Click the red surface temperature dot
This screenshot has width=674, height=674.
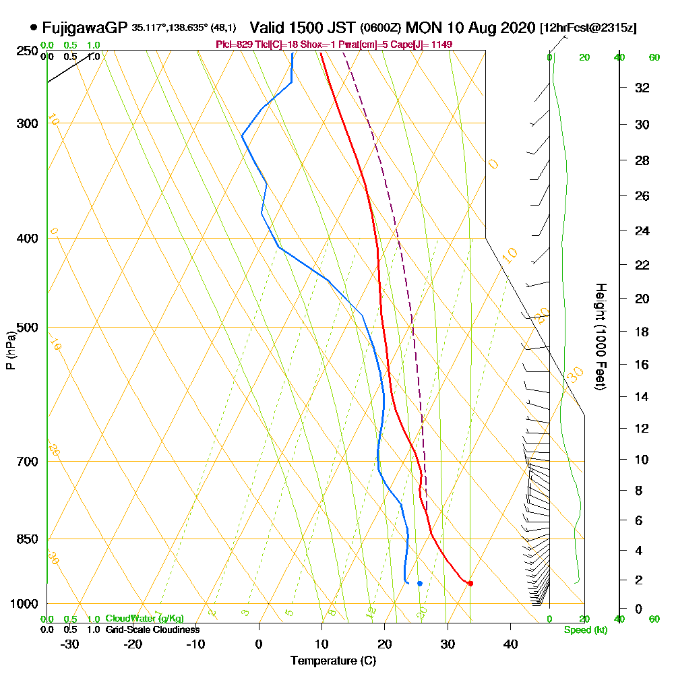click(470, 583)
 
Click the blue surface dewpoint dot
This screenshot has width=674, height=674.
click(419, 583)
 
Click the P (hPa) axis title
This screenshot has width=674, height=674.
click(10, 350)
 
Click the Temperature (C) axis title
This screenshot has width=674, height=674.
click(333, 661)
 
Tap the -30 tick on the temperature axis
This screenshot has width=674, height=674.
click(70, 644)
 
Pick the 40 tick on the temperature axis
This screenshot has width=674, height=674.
click(510, 644)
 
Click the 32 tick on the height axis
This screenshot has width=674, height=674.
click(642, 88)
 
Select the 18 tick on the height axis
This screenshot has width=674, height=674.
click(642, 332)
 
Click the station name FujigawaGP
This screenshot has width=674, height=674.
click(84, 28)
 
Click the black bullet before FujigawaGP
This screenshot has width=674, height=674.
click(34, 28)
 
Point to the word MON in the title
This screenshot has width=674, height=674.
click(425, 28)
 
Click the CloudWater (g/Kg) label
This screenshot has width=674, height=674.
click(144, 619)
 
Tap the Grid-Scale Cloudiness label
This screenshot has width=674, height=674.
click(152, 630)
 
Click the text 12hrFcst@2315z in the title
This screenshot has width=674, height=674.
click(588, 28)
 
